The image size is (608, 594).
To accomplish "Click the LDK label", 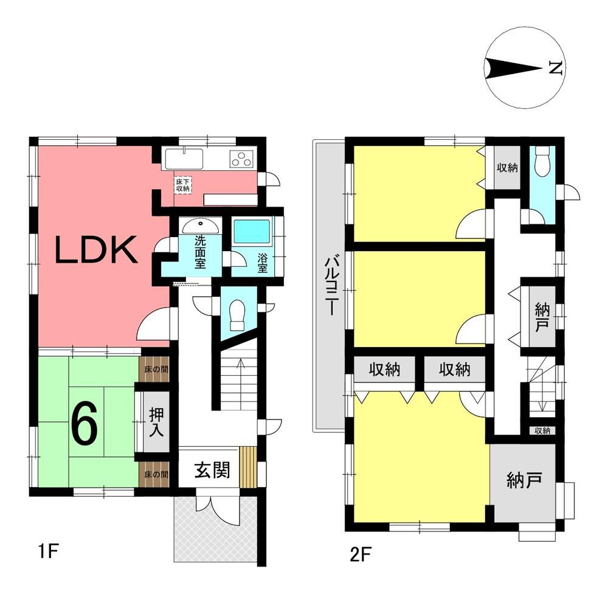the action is tap(96, 250).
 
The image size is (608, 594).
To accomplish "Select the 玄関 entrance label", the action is tap(212, 470).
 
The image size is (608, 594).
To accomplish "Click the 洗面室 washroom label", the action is tap(200, 252).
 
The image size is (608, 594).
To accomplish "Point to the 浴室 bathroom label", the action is tap(263, 263).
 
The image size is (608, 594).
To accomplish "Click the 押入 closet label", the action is tap(156, 422).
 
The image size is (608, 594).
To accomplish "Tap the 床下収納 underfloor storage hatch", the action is tap(182, 185).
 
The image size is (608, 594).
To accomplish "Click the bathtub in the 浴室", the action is tap(252, 232).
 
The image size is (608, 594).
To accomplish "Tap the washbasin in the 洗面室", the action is tap(201, 226).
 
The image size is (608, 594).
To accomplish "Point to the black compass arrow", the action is tap(514, 68).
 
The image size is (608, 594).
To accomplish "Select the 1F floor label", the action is tap(48, 551).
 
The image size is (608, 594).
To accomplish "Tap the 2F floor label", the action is tap(361, 554).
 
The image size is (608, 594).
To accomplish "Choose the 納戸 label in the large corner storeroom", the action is tap(524, 480).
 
